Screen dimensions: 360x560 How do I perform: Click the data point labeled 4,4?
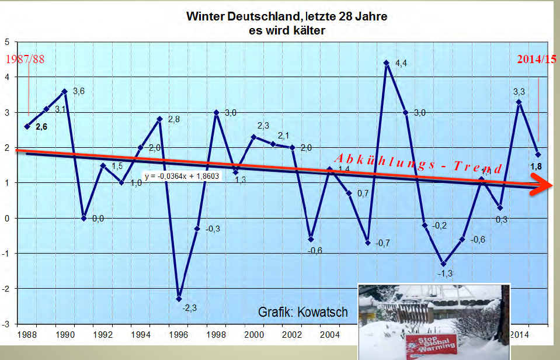[386, 63]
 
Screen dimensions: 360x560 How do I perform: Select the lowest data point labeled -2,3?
[179, 299]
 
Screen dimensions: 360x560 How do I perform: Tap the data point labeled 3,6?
[65, 91]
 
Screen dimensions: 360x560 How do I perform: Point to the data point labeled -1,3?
[443, 264]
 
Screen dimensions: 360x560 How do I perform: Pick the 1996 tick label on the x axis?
[178, 335]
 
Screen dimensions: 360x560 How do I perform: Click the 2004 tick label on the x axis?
[329, 335]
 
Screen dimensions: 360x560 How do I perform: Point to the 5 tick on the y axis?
[7, 42]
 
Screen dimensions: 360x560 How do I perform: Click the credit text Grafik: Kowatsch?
[303, 312]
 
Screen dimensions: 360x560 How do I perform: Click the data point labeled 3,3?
[519, 102]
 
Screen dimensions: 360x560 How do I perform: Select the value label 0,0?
[98, 219]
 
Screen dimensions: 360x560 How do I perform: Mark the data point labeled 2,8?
[159, 119]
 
